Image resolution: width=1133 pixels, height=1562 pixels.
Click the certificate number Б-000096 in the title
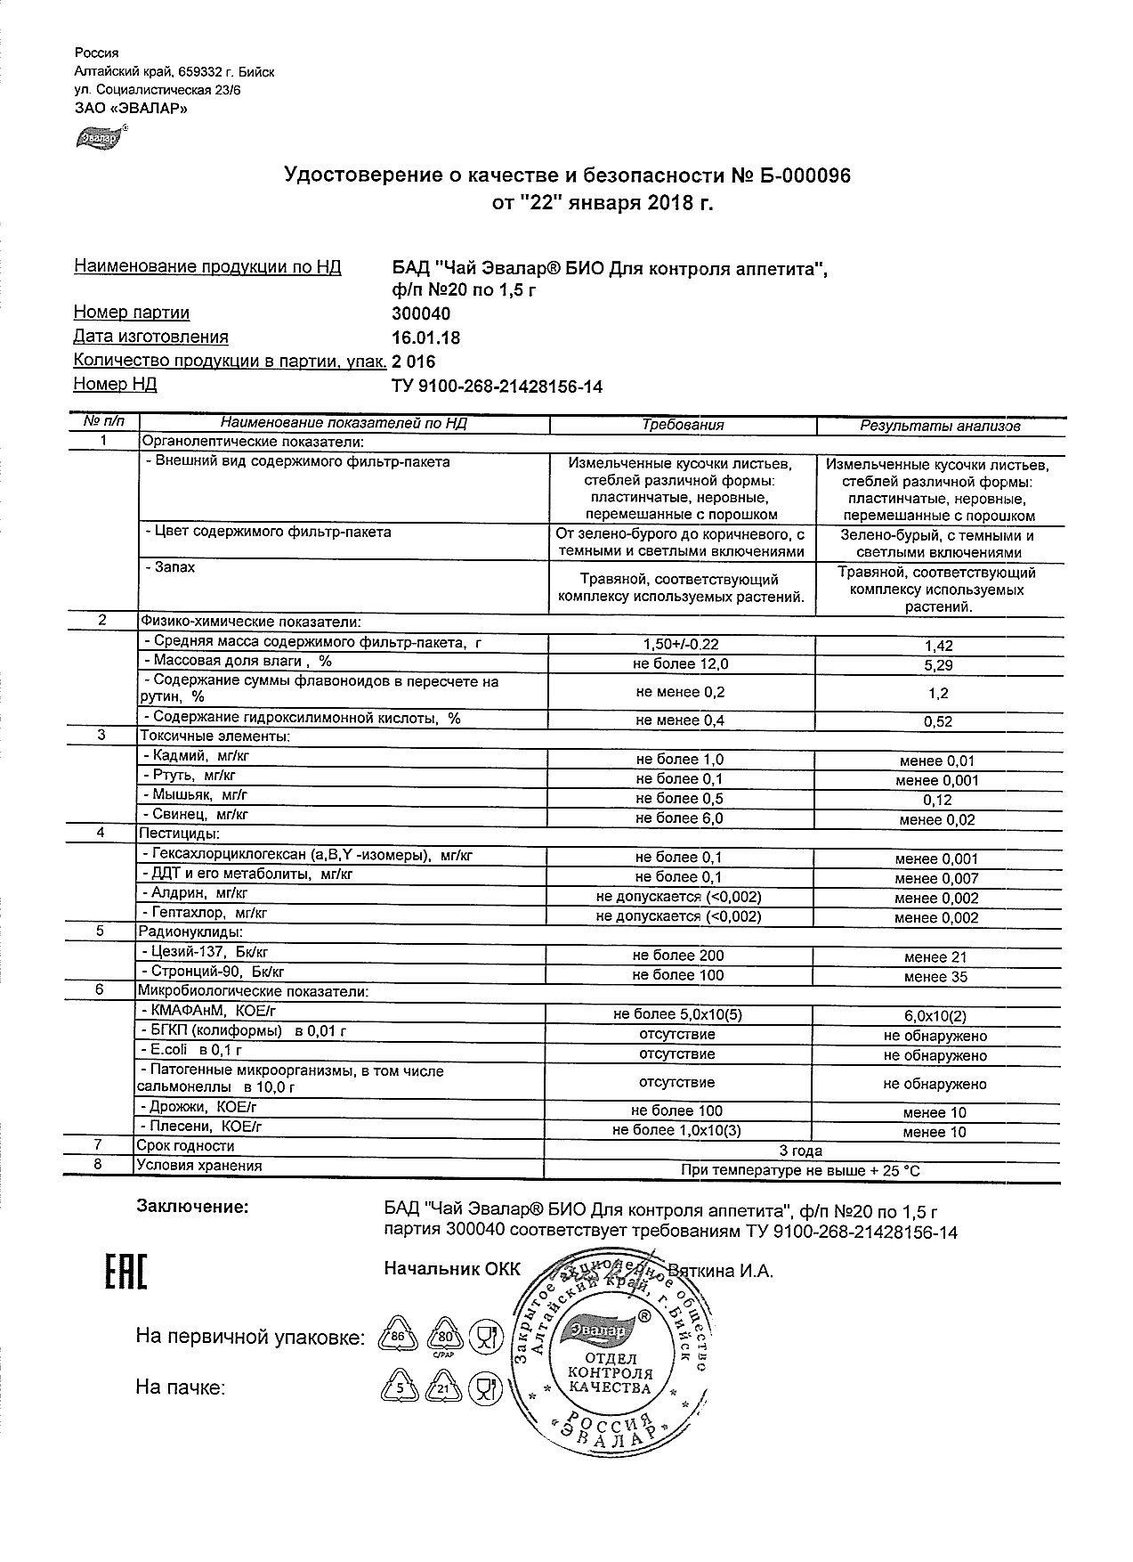804,176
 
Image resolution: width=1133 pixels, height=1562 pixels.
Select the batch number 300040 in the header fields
421,313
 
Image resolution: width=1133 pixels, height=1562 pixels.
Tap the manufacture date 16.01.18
425,338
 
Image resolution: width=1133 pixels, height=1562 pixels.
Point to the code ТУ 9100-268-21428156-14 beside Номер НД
497,386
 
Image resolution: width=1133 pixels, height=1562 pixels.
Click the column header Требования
683,426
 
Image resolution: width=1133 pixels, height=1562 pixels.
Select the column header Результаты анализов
939,427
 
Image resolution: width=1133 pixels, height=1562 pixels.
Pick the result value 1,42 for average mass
938,646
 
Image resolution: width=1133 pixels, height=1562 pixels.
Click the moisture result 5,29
938,664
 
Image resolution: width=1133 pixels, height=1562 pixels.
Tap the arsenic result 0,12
938,800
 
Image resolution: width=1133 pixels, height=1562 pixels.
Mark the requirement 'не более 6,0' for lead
678,818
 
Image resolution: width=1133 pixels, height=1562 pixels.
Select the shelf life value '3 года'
800,1151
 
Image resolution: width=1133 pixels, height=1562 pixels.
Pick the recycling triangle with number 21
442,1387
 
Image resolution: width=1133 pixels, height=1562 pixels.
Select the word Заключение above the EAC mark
191,1207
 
